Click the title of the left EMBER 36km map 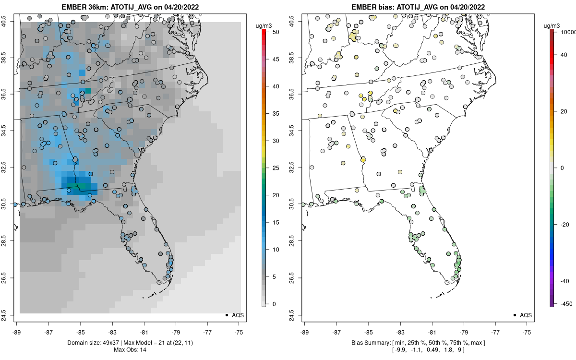pos(130,7)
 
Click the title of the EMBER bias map pos(418,7)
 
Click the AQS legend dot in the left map pos(227,315)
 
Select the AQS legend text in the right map pos(526,315)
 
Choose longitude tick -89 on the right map pos(305,331)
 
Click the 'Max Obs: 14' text pos(130,349)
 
